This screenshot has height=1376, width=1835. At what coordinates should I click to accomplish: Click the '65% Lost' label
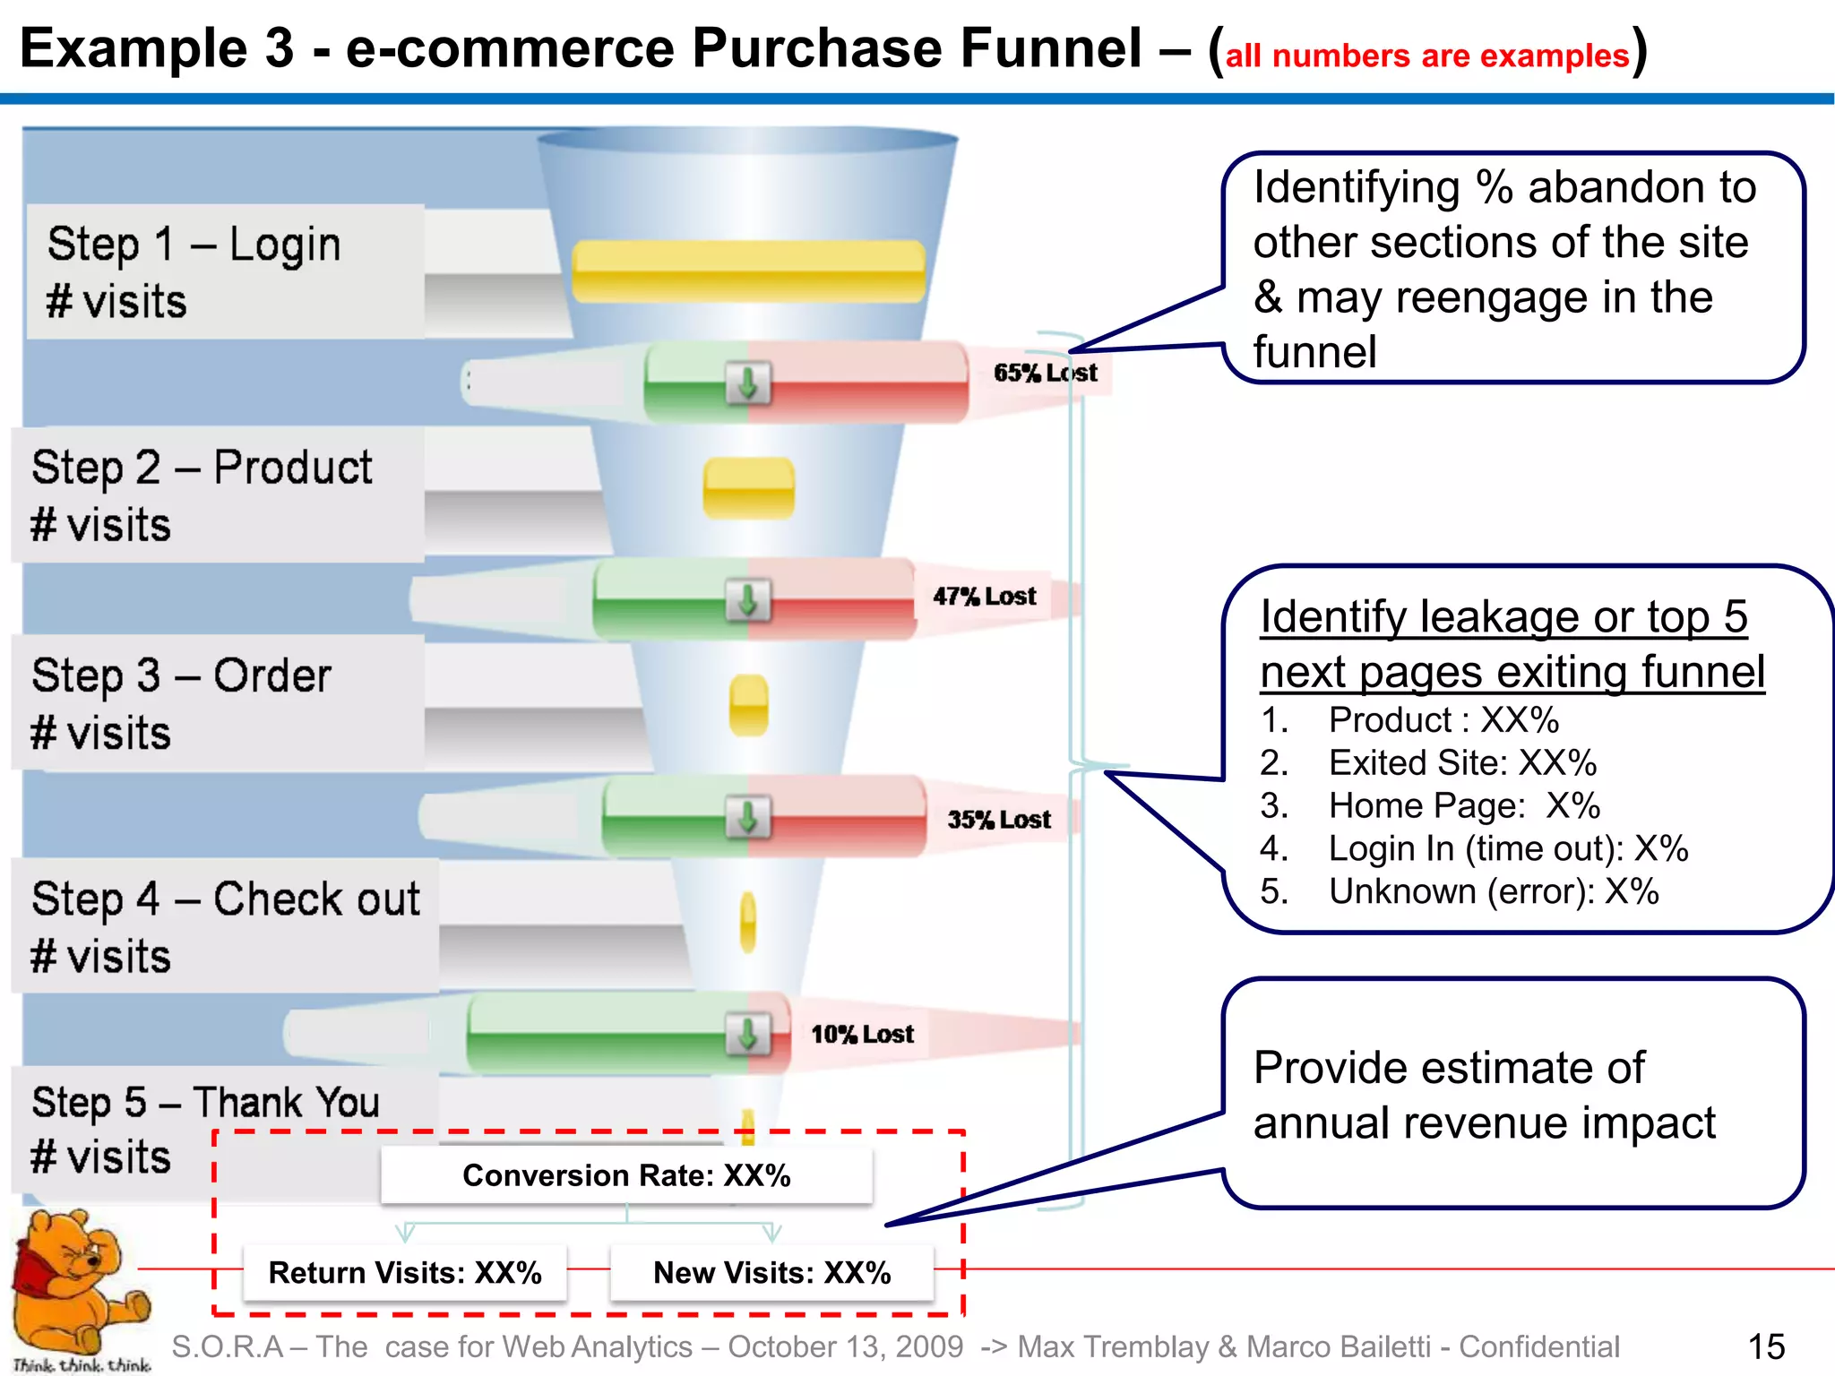pos(1045,373)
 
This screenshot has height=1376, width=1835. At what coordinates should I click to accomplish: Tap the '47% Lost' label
pos(984,597)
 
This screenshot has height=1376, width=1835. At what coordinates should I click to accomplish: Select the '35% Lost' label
pos(999,820)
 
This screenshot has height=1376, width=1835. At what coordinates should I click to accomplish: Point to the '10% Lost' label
pos(862,1035)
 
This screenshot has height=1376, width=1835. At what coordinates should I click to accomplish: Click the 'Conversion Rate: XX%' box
pos(626,1175)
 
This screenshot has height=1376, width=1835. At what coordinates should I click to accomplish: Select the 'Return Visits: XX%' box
pos(405,1272)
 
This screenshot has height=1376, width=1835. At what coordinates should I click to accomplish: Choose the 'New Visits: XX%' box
pos(771,1272)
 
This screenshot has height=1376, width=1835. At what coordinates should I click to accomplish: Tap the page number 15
pos(1766,1346)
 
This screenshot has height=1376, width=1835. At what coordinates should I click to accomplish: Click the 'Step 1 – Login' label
pos(194,244)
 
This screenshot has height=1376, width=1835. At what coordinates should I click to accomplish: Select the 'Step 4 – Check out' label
pos(225,899)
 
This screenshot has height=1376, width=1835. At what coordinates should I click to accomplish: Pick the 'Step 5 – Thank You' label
pos(205,1103)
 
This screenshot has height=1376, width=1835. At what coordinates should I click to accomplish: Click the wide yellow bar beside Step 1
pos(748,271)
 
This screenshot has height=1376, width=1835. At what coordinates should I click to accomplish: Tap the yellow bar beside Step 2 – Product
pos(748,488)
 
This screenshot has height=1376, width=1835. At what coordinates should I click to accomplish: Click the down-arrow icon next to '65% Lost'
pos(748,383)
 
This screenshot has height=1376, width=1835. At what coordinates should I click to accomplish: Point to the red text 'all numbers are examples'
pos(1426,56)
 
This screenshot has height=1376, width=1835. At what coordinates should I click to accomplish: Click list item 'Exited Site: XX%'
pos(1462,763)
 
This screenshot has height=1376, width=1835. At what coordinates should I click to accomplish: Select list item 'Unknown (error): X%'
pos(1494,892)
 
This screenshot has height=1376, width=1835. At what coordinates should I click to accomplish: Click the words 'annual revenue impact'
pos(1484,1123)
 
